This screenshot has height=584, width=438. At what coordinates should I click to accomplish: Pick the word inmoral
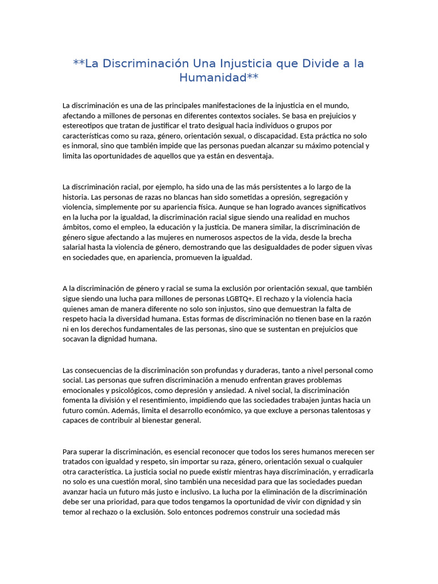pyautogui.click(x=86, y=146)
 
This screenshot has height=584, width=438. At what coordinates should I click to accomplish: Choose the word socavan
pyautogui.click(x=76, y=339)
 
